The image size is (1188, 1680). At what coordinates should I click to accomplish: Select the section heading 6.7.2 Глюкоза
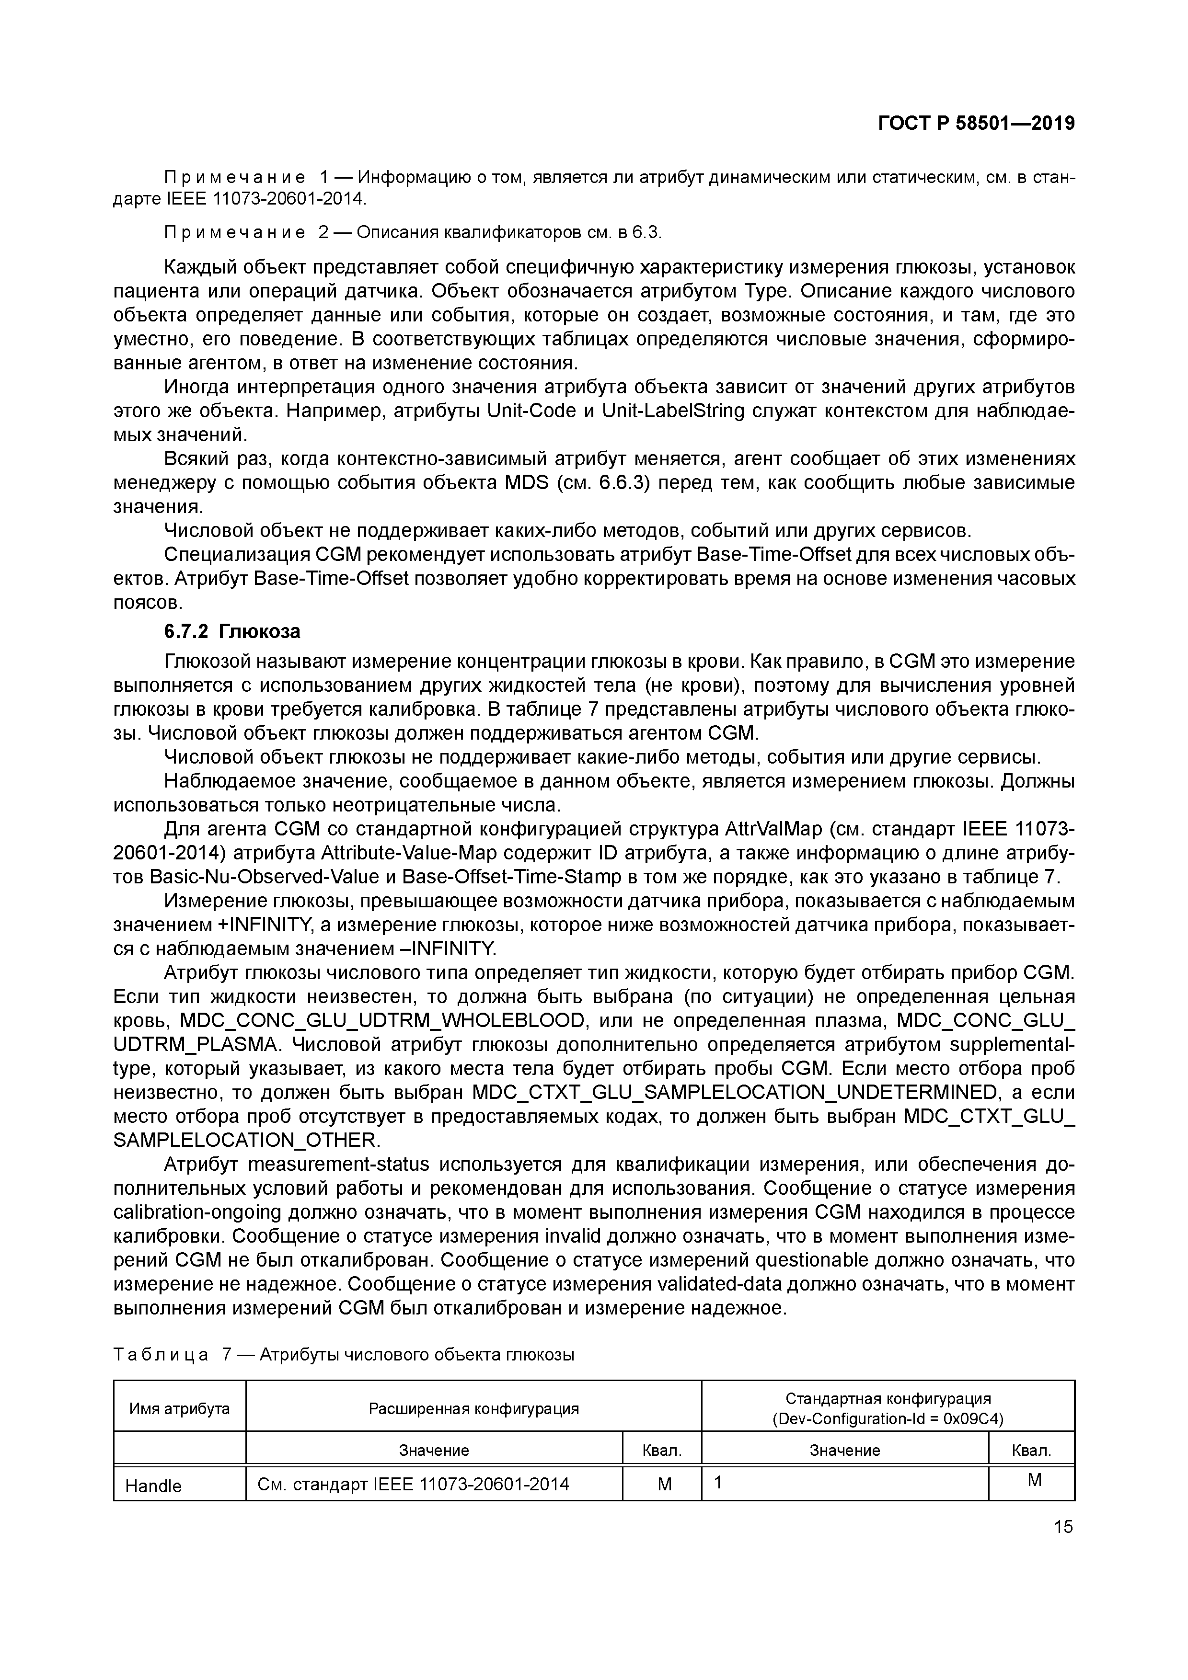232,631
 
